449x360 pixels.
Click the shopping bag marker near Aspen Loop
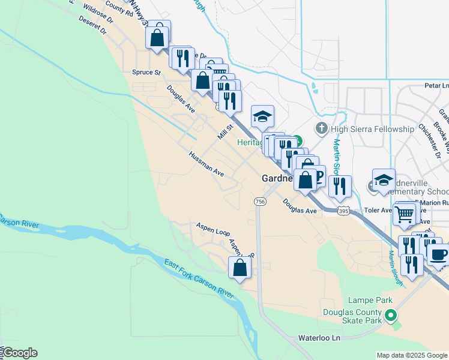(240, 268)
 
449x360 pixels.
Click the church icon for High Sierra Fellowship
(322, 128)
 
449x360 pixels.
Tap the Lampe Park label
(369, 300)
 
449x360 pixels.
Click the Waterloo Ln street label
(319, 338)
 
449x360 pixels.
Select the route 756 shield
(260, 202)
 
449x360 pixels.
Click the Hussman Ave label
(206, 164)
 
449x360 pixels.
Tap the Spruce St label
(146, 73)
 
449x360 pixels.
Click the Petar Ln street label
(436, 86)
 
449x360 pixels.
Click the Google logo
(20, 353)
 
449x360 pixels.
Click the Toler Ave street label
(378, 211)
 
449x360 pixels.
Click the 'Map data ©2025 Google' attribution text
(411, 355)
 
